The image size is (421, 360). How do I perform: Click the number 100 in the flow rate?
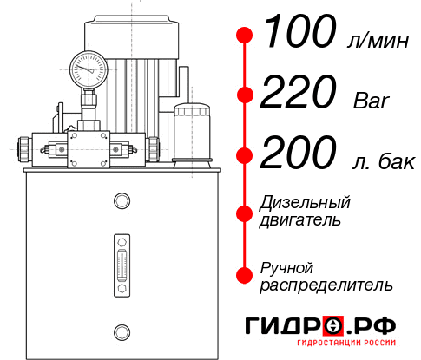(299, 34)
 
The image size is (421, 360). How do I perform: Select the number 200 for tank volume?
(299, 155)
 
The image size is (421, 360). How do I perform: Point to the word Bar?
(372, 100)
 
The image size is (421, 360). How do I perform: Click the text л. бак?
(381, 160)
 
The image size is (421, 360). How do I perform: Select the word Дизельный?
(306, 203)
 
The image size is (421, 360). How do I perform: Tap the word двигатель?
(300, 220)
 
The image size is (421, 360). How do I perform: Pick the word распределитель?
(326, 285)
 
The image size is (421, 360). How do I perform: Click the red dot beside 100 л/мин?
(245, 36)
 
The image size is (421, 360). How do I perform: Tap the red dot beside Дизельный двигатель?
(245, 212)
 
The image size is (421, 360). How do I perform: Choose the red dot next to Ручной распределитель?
(245, 274)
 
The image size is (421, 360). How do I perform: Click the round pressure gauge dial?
(89, 67)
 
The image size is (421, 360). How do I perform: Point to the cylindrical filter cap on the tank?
(190, 130)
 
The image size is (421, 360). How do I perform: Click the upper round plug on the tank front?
(121, 202)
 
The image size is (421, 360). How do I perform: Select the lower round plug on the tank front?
(121, 331)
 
